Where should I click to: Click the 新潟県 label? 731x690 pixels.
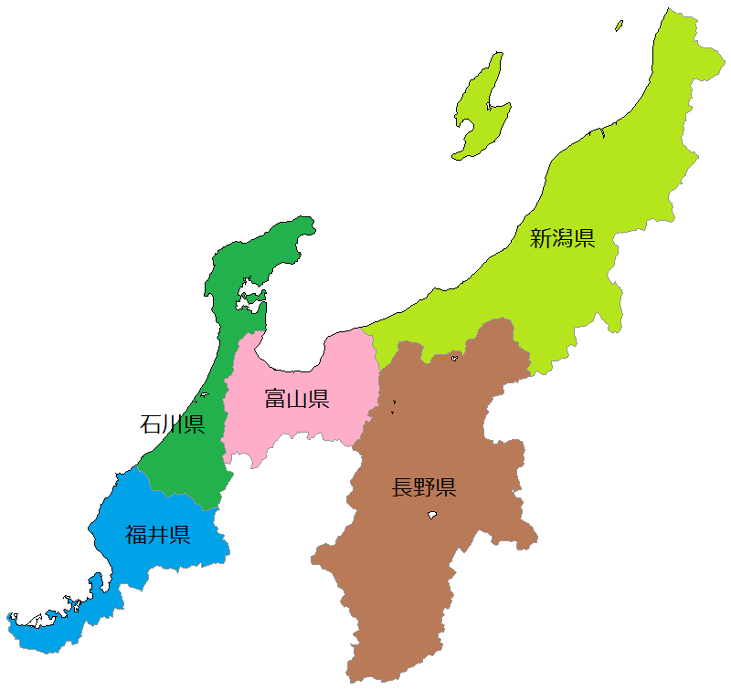tap(563, 239)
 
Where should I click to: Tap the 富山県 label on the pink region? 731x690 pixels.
tap(297, 399)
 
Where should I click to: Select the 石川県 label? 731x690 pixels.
tap(173, 424)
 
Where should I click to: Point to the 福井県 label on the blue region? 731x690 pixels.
tap(158, 534)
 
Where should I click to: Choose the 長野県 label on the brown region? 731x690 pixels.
tap(424, 487)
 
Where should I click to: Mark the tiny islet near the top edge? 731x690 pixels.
tap(619, 25)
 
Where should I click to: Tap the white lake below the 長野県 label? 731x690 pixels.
tap(431, 516)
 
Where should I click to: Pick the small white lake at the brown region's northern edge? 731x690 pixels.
tap(454, 358)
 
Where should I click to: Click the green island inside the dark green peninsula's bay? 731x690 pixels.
tap(250, 296)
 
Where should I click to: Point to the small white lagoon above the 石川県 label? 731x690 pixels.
tap(205, 395)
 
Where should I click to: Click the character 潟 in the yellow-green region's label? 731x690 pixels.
tap(563, 239)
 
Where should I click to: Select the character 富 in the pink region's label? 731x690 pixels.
tap(275, 399)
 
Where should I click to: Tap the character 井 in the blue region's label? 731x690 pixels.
tap(158, 534)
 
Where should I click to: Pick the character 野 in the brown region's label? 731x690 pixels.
tap(424, 487)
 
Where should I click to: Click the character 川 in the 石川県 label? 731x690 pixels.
tap(173, 424)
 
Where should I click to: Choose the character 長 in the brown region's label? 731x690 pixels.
tap(402, 487)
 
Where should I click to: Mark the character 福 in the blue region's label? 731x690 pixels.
tap(136, 534)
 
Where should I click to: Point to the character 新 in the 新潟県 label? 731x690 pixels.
tap(541, 239)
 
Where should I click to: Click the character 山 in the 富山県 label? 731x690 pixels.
tap(297, 399)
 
